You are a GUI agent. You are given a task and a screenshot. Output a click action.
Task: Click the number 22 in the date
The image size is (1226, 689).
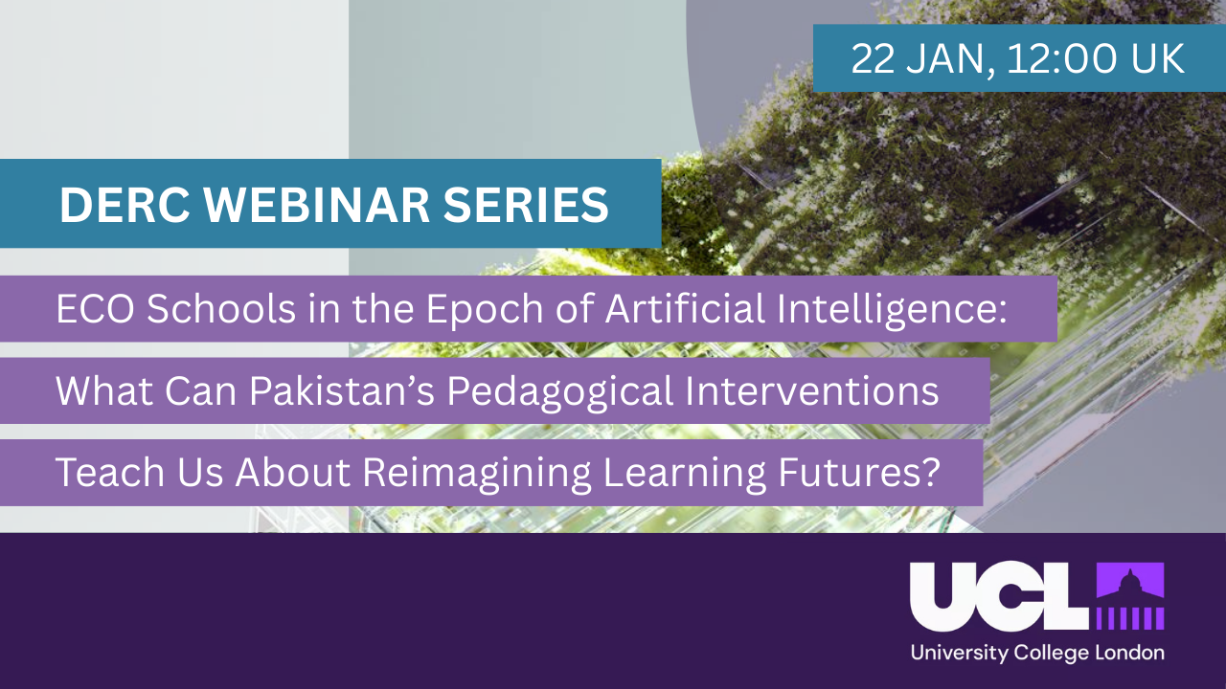pyautogui.click(x=872, y=59)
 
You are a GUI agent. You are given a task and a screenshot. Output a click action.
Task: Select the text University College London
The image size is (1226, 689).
pyautogui.click(x=1037, y=654)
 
